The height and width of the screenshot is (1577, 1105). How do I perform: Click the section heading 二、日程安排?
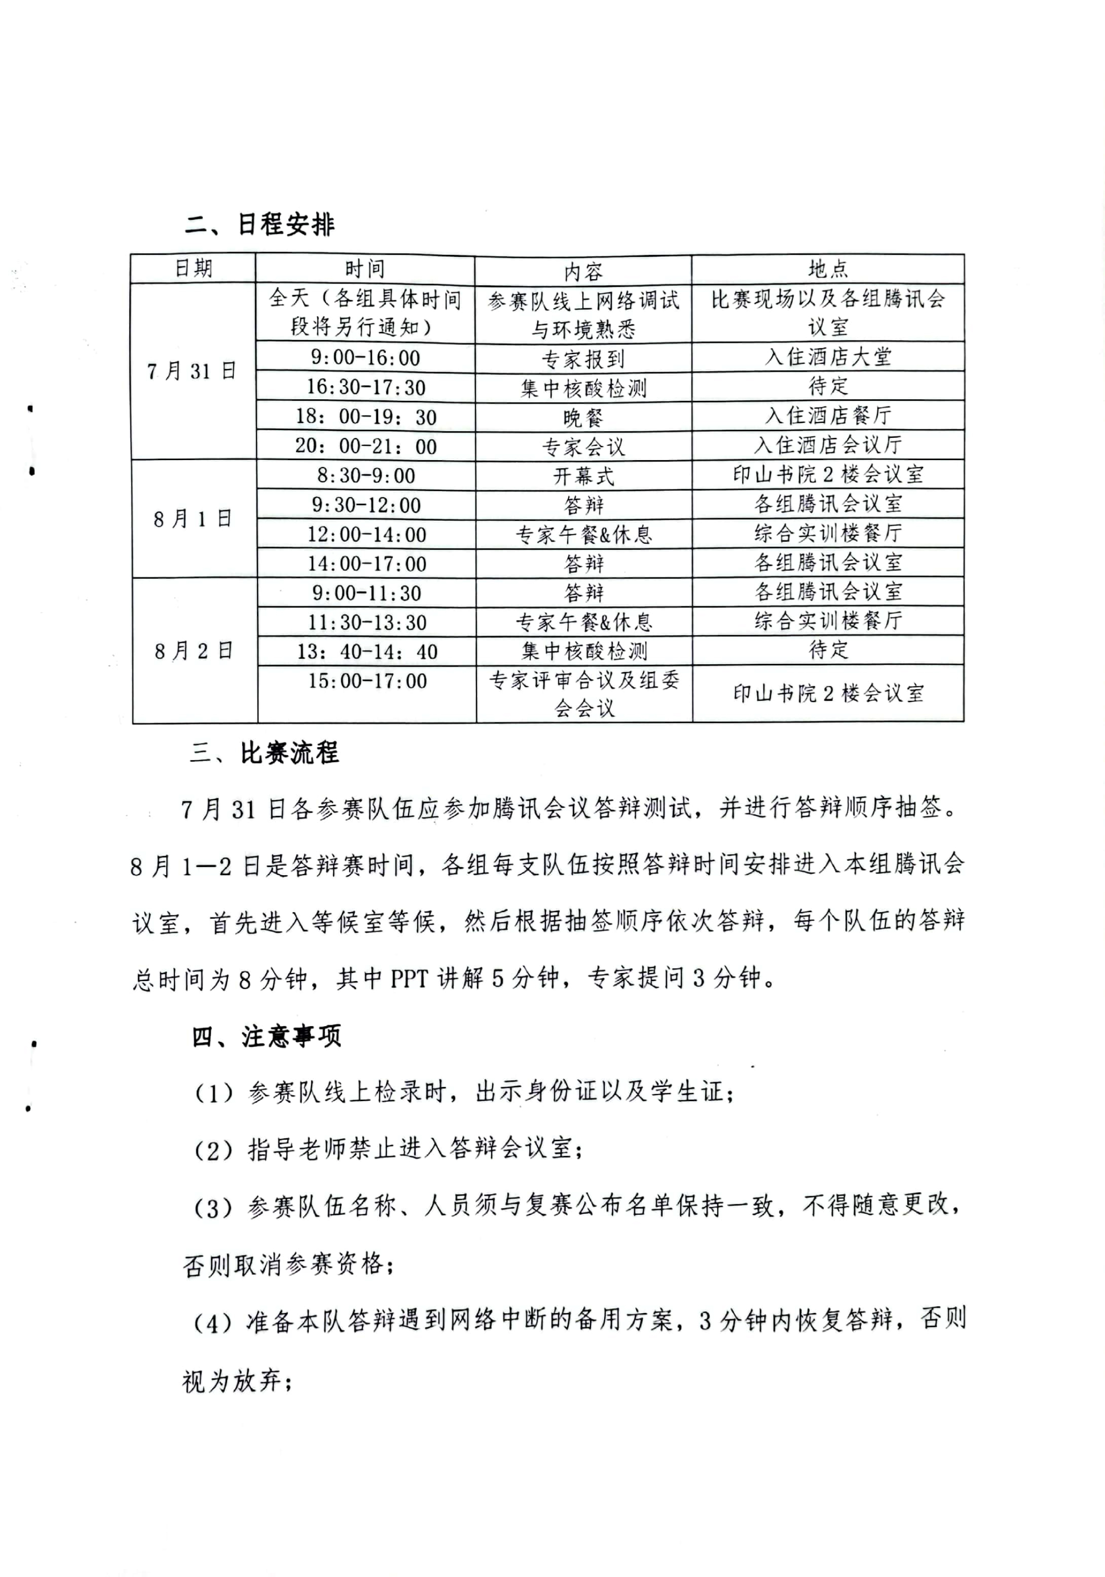[x=260, y=225]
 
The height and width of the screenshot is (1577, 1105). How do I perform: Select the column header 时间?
[x=365, y=269]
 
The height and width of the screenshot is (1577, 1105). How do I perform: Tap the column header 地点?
[x=828, y=269]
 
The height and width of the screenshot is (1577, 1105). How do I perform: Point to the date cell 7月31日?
[x=192, y=372]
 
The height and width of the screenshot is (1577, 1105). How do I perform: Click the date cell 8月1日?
[x=192, y=519]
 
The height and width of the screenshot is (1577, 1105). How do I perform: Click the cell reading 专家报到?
[x=583, y=359]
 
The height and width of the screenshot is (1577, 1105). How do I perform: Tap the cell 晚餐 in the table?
[x=583, y=417]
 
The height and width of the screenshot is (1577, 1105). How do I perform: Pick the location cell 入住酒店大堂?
[x=828, y=357]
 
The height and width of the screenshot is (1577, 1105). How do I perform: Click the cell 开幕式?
[x=583, y=475]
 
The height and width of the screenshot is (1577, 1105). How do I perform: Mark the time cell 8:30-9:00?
[x=366, y=475]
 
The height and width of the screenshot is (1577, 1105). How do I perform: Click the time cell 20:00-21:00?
[x=366, y=446]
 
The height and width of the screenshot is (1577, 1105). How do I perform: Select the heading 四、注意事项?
[x=266, y=1037]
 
